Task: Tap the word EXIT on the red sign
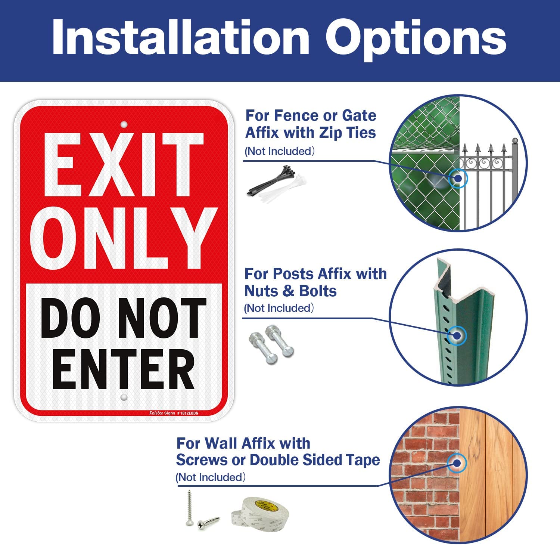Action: coord(123,164)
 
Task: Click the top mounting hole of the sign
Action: coord(124,124)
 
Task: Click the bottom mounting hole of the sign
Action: coord(124,397)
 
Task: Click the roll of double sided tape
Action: coord(261,512)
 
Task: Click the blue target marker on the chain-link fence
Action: coord(458,178)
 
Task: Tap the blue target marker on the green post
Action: coord(457,335)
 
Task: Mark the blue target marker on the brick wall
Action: coord(457,463)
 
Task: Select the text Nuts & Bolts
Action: coord(290,291)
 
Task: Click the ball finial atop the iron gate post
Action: coord(516,141)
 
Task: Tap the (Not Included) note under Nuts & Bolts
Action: coord(279,308)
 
